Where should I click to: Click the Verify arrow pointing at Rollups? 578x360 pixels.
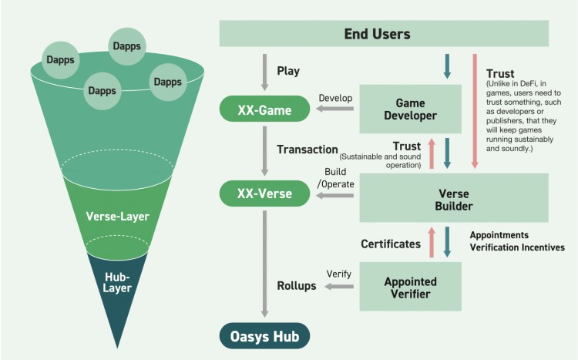coord(339,287)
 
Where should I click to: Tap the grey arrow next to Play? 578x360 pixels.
coord(265,71)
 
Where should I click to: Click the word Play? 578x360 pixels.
coord(288,72)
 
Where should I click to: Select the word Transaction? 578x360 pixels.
coord(307,150)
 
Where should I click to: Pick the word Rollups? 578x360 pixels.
coord(297,287)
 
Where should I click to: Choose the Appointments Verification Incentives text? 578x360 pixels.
coord(516,241)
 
